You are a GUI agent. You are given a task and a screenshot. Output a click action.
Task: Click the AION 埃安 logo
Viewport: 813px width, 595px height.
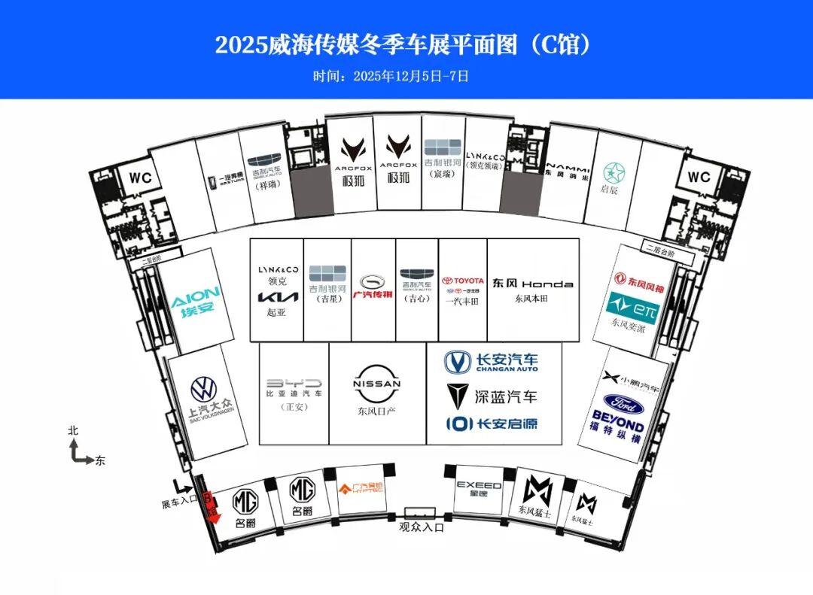[x=195, y=302]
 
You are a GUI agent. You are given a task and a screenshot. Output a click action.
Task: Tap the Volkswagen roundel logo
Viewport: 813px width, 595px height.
[x=203, y=389]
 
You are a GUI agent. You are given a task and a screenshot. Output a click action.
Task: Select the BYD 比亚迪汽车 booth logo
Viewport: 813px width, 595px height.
[x=294, y=383]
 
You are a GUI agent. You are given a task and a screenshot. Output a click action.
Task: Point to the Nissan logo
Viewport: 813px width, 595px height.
[x=377, y=384]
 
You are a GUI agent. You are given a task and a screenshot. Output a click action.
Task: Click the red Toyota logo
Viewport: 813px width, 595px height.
[x=463, y=281]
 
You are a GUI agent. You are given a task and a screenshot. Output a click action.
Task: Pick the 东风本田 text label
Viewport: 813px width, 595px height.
[x=533, y=299]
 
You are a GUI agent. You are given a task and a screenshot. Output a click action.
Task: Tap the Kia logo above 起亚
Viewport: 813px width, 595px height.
[x=278, y=297]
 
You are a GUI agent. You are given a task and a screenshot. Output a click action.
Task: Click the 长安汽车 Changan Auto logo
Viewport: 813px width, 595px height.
[x=491, y=363]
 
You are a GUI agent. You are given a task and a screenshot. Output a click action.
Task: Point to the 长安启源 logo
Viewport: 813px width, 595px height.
[x=491, y=423]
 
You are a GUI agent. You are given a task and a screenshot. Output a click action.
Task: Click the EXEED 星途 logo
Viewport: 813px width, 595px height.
[x=479, y=488]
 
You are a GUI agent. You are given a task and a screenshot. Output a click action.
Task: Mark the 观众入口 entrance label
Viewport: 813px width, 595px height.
[x=422, y=527]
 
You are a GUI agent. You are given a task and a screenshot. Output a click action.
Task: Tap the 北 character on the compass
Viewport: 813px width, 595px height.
[x=73, y=431]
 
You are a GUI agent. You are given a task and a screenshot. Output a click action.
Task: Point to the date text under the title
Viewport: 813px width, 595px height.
[x=391, y=76]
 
